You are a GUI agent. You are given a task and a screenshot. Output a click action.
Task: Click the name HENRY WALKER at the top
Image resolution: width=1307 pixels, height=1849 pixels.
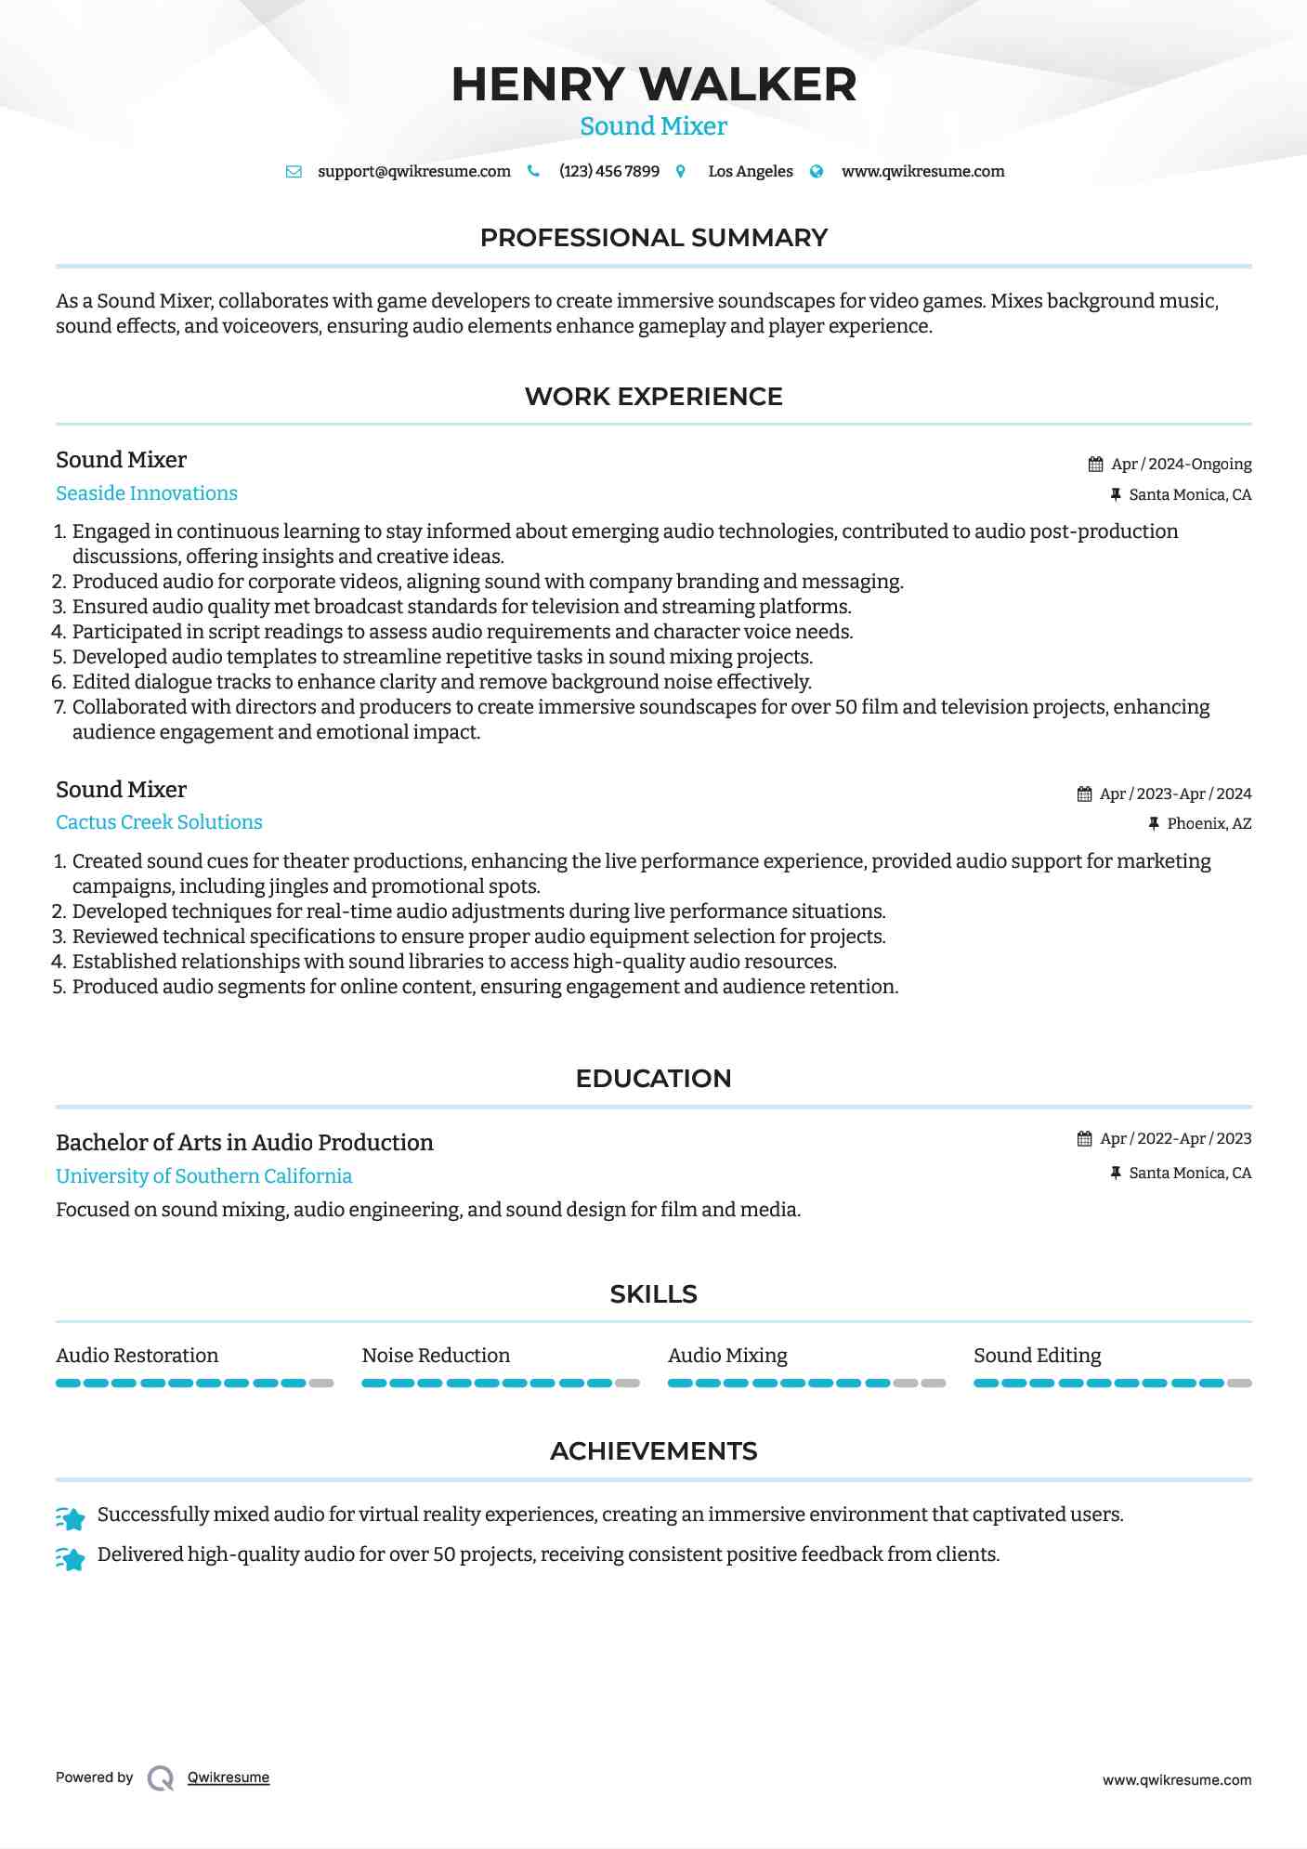tap(653, 85)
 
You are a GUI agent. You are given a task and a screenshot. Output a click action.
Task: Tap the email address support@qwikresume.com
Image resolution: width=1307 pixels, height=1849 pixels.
tap(414, 171)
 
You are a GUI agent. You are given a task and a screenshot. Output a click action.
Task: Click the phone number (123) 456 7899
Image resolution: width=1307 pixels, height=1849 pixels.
tap(609, 171)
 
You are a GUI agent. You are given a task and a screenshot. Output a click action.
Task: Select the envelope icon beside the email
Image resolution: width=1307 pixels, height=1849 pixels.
tap(294, 172)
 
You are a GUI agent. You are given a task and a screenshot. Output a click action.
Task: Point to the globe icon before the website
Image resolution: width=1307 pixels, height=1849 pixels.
tap(817, 171)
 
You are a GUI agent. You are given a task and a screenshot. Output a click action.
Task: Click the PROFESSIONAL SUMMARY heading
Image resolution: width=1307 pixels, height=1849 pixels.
tap(653, 238)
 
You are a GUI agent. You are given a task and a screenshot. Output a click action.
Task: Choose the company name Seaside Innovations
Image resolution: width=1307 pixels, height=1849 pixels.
tap(147, 493)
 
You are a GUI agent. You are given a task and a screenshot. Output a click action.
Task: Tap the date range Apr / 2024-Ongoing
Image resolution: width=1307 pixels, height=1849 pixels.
tap(1181, 464)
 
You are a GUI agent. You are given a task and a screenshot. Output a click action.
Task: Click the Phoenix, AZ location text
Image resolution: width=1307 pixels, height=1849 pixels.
tap(1209, 823)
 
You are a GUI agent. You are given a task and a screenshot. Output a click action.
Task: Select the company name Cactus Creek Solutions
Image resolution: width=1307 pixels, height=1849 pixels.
tap(159, 822)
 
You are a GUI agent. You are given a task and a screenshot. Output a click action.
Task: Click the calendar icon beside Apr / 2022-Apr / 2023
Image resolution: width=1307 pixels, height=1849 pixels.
tap(1084, 1139)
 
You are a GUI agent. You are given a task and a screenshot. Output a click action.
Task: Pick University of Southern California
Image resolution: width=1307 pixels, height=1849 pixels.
tap(203, 1176)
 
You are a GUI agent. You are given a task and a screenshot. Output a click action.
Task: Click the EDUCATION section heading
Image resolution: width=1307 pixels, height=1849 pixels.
tap(653, 1079)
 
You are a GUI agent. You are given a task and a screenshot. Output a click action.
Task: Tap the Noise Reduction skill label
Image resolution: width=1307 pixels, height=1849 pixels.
tap(436, 1356)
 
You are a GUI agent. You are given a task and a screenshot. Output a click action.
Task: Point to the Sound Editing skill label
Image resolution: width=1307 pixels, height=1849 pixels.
tap(1037, 1356)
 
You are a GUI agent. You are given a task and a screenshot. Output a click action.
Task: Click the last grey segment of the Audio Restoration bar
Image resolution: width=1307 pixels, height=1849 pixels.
tap(321, 1383)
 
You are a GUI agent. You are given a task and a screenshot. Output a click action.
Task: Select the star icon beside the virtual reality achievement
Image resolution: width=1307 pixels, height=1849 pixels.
tap(71, 1518)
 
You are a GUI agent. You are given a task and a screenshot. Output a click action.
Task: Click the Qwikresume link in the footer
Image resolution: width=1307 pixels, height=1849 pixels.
tap(229, 1777)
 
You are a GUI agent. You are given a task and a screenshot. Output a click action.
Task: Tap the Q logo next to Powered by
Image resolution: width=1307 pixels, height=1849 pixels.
tap(161, 1778)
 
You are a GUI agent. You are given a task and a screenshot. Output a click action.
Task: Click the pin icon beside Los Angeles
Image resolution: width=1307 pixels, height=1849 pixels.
tap(681, 172)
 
